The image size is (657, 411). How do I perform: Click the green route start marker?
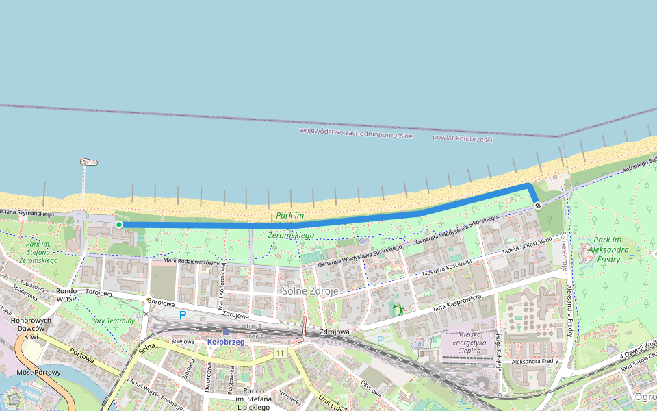(119, 224)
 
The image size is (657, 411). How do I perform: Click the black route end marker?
(538, 205)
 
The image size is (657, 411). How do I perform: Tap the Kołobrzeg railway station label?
(226, 342)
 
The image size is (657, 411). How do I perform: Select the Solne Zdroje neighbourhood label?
(310, 291)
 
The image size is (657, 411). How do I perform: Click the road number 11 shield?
(281, 352)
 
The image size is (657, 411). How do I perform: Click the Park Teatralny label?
(114, 321)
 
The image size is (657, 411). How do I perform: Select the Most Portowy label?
(38, 373)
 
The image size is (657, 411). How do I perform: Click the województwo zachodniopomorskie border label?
(356, 133)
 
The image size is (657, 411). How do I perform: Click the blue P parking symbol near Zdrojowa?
(182, 315)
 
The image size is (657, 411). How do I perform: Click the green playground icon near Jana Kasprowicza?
(396, 310)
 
